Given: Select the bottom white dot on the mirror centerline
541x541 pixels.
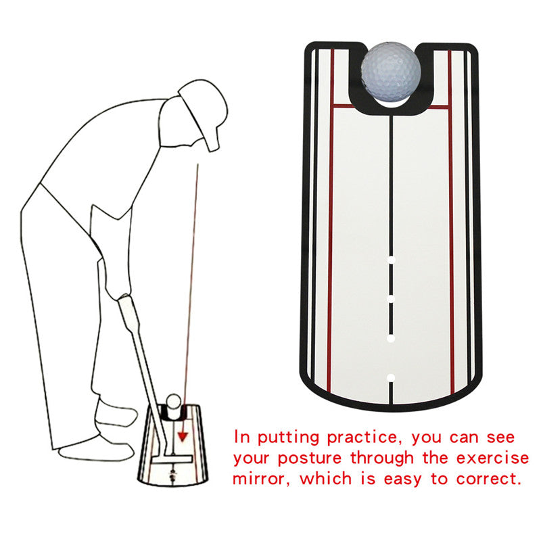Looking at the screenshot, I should (x=391, y=377).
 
